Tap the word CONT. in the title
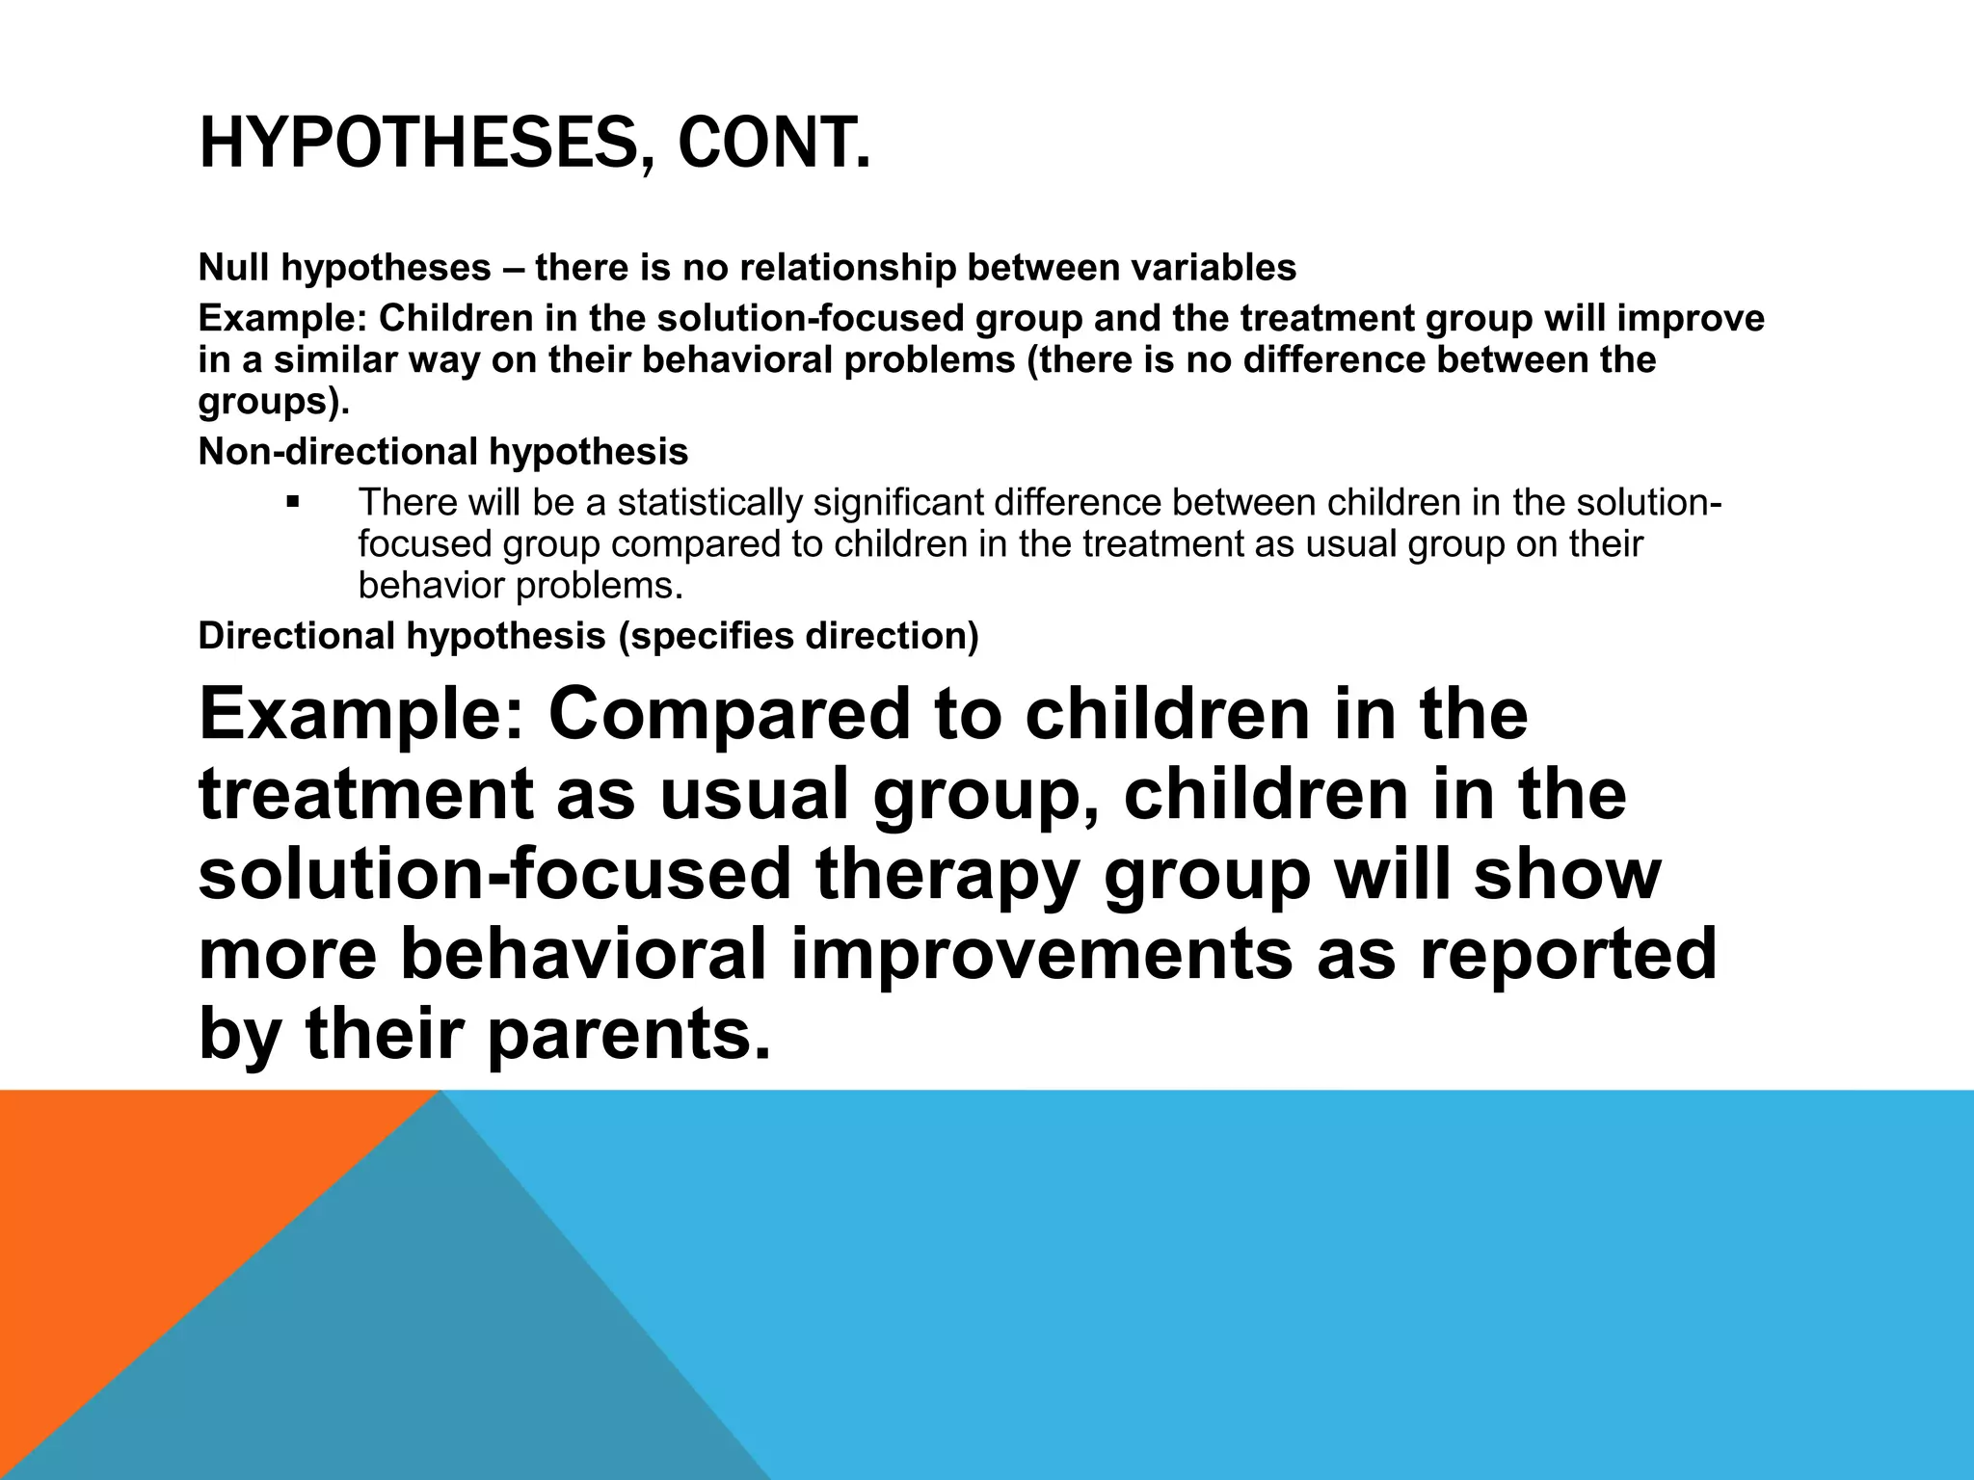point(774,145)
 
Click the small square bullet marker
point(294,502)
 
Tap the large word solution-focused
point(494,874)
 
